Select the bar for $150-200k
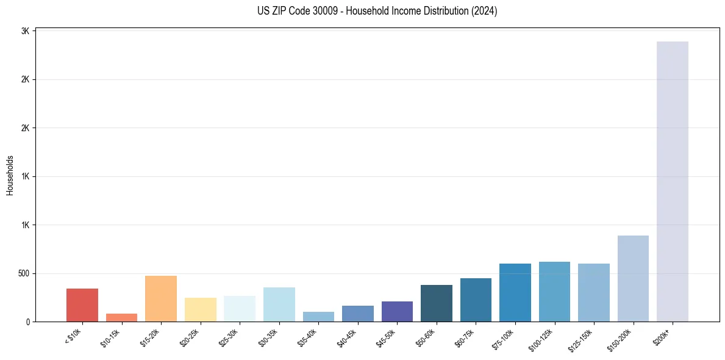(633, 278)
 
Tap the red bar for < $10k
(82, 305)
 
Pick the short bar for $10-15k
(121, 317)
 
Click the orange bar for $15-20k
(161, 298)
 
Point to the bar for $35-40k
(318, 317)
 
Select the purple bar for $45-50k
(397, 311)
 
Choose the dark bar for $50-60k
(437, 303)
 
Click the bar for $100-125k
(554, 292)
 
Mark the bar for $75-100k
(515, 292)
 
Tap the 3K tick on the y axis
(25, 31)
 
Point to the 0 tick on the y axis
(28, 322)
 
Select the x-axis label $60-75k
(466, 337)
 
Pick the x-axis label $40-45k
(348, 337)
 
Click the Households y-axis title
(10, 175)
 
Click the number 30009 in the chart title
(325, 11)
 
